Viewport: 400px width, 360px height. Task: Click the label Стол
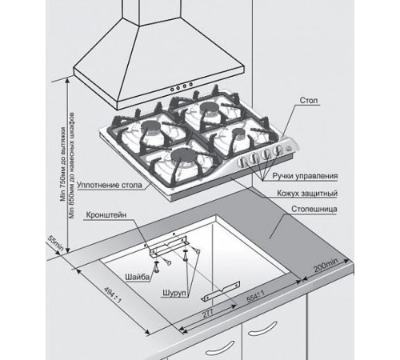(309, 101)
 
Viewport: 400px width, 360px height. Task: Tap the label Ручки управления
(305, 176)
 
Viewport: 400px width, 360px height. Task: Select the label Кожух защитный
(307, 194)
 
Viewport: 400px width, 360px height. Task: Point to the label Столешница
(314, 209)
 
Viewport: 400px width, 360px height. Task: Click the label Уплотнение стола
(110, 185)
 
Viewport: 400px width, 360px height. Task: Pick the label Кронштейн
(106, 215)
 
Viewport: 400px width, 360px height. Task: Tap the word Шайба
(138, 278)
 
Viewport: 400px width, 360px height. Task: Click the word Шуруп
(174, 293)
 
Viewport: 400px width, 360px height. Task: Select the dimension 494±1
(113, 295)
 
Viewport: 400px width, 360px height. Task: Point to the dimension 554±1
(255, 297)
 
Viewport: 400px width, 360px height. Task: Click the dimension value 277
(208, 314)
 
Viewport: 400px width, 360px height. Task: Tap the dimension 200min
(326, 265)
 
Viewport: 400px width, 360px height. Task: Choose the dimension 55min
(55, 243)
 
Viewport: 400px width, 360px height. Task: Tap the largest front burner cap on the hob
(183, 155)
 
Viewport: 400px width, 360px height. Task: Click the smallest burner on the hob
(238, 132)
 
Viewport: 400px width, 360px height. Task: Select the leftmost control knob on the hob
(242, 162)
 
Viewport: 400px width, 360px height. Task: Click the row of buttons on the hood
(182, 87)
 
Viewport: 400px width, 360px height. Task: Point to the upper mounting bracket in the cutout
(169, 246)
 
